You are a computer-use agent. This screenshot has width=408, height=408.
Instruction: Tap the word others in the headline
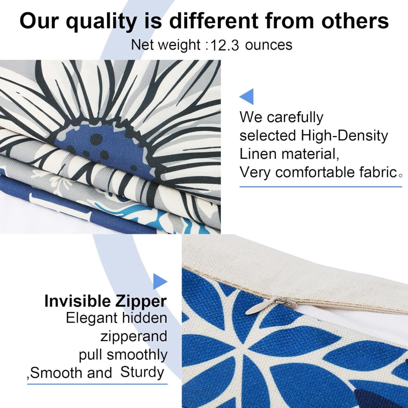coord(355,21)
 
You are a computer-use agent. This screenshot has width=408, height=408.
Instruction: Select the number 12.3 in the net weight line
coord(225,45)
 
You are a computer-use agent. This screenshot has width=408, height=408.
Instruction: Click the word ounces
coord(269,45)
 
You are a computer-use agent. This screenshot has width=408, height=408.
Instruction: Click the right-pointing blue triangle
coord(159,281)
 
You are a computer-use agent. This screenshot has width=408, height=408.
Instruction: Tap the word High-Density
coord(344,136)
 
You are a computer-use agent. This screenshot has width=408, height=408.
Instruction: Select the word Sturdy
coord(142,373)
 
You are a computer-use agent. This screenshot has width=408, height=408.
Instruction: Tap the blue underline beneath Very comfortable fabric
coord(321,187)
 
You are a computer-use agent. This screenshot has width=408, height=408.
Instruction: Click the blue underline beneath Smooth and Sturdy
coord(97,384)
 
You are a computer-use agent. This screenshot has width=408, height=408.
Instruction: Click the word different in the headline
coord(213,21)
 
